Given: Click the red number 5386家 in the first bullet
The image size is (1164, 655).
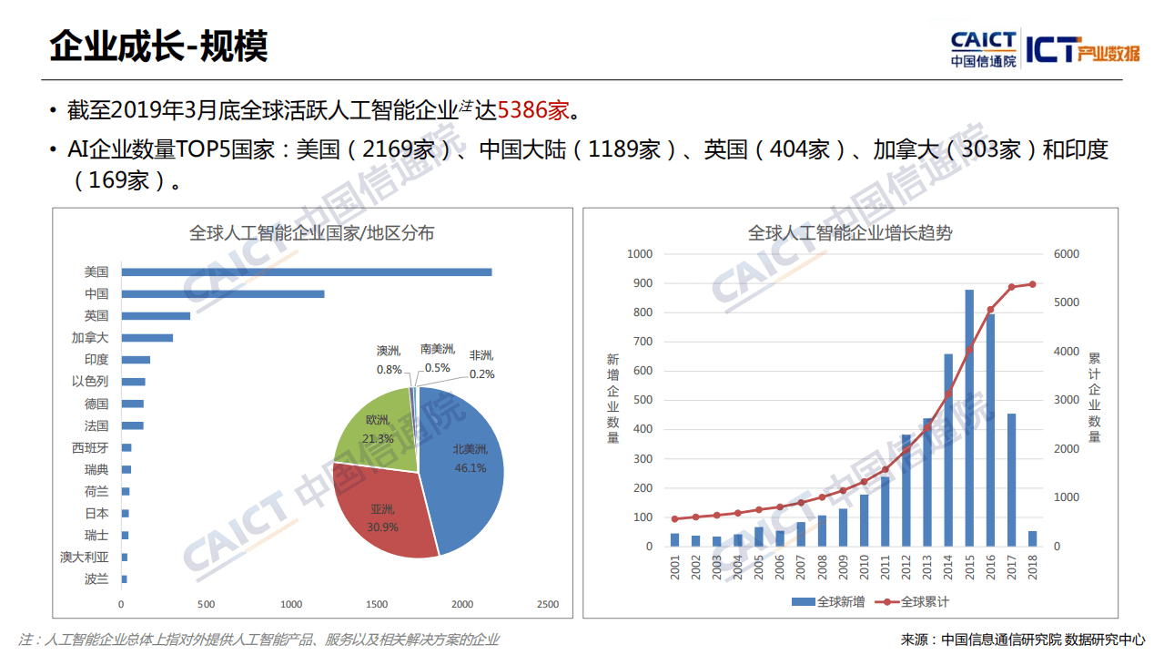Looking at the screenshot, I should click(x=532, y=110).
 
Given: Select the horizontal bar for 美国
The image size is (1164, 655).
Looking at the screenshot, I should click(x=307, y=271).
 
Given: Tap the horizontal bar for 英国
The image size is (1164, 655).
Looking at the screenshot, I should click(x=156, y=315).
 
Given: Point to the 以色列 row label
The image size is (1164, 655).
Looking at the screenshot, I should click(x=90, y=382).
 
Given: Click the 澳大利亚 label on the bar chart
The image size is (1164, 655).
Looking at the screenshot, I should click(x=84, y=557).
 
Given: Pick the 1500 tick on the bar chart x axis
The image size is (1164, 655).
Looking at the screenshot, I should click(x=377, y=604).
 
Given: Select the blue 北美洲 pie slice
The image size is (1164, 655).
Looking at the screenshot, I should click(x=464, y=465).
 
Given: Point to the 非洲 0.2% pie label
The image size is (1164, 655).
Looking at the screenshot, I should click(x=482, y=364).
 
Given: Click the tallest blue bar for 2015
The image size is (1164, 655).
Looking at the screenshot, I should click(x=969, y=418).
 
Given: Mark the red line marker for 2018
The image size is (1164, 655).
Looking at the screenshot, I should click(x=1032, y=284).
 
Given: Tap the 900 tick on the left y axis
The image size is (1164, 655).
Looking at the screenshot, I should click(x=642, y=283).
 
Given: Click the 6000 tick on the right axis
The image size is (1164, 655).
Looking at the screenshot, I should click(x=1066, y=254).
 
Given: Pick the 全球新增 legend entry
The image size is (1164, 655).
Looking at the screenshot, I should click(x=827, y=602).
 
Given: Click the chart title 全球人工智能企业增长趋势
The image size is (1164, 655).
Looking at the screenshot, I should click(x=850, y=233).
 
